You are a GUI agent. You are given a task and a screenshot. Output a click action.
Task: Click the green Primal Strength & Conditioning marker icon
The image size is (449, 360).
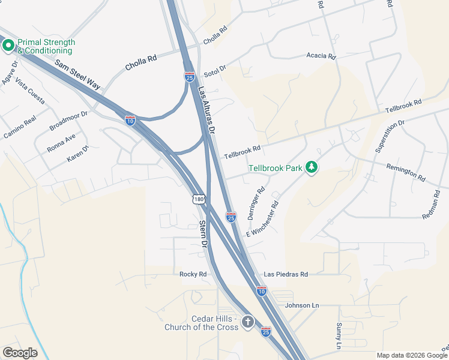(x=8, y=46)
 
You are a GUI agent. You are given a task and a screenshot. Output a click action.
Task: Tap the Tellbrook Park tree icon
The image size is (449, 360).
(x=311, y=167)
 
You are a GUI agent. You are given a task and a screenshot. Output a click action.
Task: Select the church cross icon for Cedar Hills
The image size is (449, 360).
(x=248, y=323)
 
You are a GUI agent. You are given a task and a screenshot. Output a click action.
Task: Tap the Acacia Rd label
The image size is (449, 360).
(x=321, y=56)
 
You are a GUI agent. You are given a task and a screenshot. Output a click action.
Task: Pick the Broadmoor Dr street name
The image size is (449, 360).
(x=68, y=120)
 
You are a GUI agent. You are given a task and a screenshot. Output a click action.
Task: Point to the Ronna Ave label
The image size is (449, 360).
(x=62, y=142)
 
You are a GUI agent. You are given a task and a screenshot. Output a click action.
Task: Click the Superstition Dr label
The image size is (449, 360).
(x=390, y=136)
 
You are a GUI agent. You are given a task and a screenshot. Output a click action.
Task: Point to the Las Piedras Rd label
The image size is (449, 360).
(x=286, y=274)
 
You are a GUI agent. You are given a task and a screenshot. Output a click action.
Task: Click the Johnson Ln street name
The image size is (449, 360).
(x=303, y=305)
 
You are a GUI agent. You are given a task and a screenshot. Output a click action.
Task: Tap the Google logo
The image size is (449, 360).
(x=20, y=353)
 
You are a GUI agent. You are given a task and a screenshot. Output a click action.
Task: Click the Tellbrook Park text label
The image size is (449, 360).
(x=276, y=168)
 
